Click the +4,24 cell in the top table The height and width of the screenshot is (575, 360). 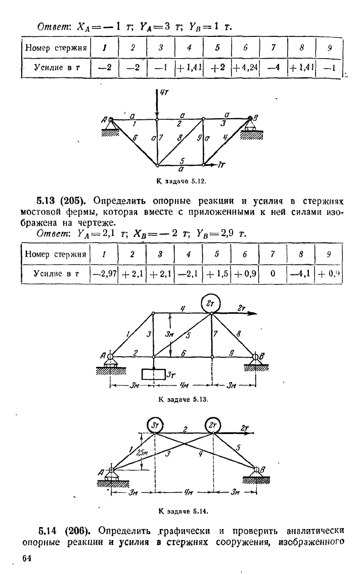point(245,68)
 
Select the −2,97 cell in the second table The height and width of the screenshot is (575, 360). point(104,273)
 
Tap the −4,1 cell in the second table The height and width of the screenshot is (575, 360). point(300,273)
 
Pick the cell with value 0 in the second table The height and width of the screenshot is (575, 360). point(273,273)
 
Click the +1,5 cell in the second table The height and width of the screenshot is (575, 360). point(217,273)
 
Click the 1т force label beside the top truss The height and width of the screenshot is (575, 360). point(221,165)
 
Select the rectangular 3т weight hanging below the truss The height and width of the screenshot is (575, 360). point(153,374)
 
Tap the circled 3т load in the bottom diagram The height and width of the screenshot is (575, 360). point(155,425)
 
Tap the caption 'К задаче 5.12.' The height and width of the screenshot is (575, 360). point(180,181)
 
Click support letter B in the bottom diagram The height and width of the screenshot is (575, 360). point(262,469)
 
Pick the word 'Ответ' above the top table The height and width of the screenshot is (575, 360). point(55,27)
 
